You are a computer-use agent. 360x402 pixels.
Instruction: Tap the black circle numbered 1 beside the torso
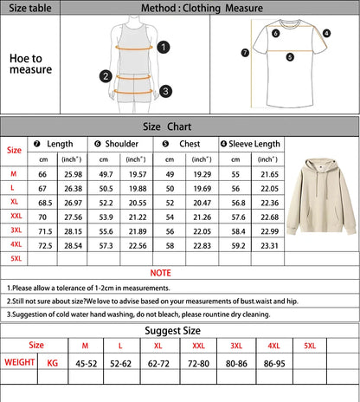pyautogui.click(x=164, y=49)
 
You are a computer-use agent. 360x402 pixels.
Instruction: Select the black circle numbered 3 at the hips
pyautogui.click(x=165, y=90)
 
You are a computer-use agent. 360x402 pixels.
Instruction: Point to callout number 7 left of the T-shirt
pyautogui.click(x=245, y=52)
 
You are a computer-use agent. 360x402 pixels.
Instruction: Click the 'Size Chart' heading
pyautogui.click(x=179, y=126)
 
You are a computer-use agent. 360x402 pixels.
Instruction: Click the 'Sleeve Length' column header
pyautogui.click(x=250, y=144)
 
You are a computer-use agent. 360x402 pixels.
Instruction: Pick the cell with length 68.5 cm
pyautogui.click(x=42, y=202)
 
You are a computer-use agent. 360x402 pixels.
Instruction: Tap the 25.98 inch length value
pyautogui.click(x=73, y=174)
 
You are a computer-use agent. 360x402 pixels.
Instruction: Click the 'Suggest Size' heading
pyautogui.click(x=180, y=330)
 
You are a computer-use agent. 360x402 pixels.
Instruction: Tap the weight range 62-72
pyautogui.click(x=157, y=364)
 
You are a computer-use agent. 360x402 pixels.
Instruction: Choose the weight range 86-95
pyautogui.click(x=273, y=364)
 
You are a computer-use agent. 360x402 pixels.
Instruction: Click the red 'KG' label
pyautogui.click(x=54, y=362)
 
